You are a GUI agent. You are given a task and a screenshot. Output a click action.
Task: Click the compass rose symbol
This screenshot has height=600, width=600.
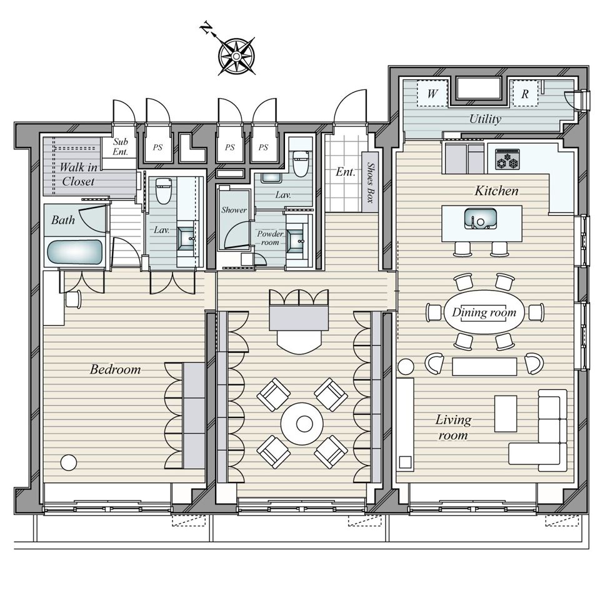click(x=236, y=57)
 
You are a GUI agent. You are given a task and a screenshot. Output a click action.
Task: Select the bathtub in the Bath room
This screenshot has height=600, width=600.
click(x=75, y=252)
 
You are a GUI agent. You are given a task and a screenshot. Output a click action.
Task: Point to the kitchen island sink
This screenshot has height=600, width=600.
click(x=481, y=219)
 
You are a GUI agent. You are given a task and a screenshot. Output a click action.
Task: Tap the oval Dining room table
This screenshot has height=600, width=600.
click(x=484, y=312)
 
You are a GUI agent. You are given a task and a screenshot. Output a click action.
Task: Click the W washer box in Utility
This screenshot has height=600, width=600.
click(x=432, y=94)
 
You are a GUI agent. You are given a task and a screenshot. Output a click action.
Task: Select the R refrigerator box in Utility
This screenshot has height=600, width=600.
click(x=524, y=94)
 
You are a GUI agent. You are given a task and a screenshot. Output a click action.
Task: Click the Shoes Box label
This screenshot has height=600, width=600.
click(x=370, y=182)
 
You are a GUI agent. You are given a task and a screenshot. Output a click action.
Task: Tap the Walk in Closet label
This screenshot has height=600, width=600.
click(x=78, y=174)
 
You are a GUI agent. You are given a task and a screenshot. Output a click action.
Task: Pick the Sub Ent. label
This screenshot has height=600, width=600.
click(x=120, y=146)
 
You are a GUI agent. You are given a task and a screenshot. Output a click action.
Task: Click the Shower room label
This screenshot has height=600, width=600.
click(x=234, y=210)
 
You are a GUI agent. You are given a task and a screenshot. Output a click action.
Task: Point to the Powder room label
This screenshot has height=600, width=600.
click(x=270, y=237)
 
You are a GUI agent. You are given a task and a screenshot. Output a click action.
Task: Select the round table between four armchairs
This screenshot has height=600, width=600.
click(x=302, y=424)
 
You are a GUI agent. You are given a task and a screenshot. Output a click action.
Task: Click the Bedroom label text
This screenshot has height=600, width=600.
click(x=116, y=369)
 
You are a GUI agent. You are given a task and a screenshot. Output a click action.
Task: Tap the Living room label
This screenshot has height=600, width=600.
click(x=454, y=427)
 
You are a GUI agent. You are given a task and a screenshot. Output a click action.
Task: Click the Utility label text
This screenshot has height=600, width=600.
click(x=485, y=119)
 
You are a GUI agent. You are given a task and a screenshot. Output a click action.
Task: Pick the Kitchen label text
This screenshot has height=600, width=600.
click(x=497, y=191)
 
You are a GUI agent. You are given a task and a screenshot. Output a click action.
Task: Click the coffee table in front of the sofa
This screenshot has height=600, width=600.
click(x=506, y=414)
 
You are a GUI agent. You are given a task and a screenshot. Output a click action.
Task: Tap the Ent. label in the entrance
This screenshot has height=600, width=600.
click(x=346, y=172)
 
